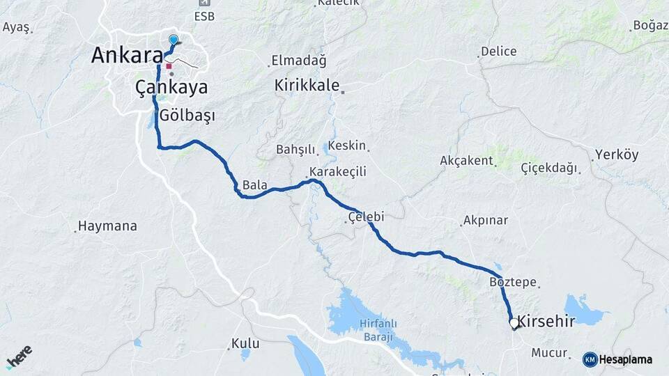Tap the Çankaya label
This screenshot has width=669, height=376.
point(171,87)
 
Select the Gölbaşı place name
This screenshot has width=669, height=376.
point(187,115)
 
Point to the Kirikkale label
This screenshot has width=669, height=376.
point(307,86)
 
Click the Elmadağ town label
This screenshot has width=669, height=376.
point(298,61)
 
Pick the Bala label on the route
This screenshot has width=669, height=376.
point(255,185)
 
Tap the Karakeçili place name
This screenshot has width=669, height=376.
point(338,171)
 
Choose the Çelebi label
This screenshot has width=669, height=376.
point(365,217)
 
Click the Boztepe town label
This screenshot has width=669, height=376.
point(513,282)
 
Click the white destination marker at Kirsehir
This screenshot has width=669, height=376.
point(514,324)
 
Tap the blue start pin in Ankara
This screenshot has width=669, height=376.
point(174,40)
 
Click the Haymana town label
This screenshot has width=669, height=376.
point(107,226)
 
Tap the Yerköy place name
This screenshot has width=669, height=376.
point(616,155)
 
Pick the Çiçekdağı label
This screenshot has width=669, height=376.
point(549,169)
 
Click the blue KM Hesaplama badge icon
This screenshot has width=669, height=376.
point(590,359)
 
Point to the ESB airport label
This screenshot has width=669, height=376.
point(205,16)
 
